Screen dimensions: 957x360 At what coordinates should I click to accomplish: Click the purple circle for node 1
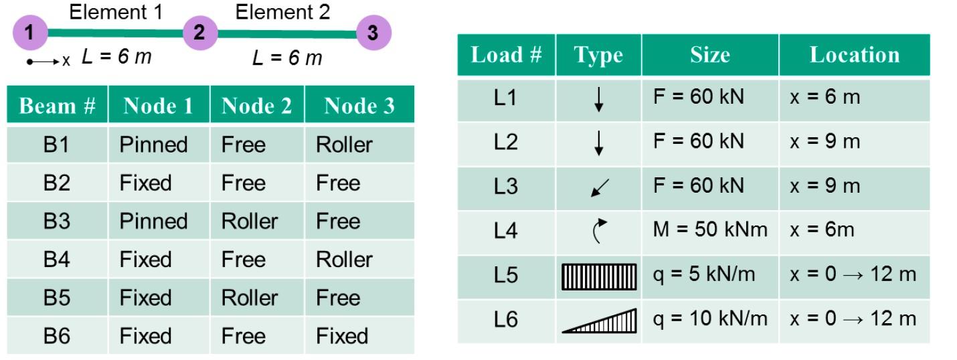point(31,32)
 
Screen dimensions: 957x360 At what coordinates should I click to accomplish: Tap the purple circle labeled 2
point(199,32)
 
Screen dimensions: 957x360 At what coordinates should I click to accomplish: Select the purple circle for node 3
point(373,32)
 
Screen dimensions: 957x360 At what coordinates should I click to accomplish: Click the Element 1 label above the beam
point(116,12)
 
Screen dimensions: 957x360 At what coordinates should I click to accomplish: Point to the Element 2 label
point(282,12)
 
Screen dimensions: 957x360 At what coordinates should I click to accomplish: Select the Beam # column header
point(58,106)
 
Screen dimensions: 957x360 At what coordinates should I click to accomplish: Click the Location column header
point(854,55)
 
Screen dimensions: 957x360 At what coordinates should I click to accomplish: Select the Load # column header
point(506,55)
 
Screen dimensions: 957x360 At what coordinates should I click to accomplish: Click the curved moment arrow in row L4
point(599,231)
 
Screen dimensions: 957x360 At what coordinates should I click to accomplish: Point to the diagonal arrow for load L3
point(599,187)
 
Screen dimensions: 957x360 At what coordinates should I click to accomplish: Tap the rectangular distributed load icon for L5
point(599,276)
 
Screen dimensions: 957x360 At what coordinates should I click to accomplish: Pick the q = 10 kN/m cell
point(709,319)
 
